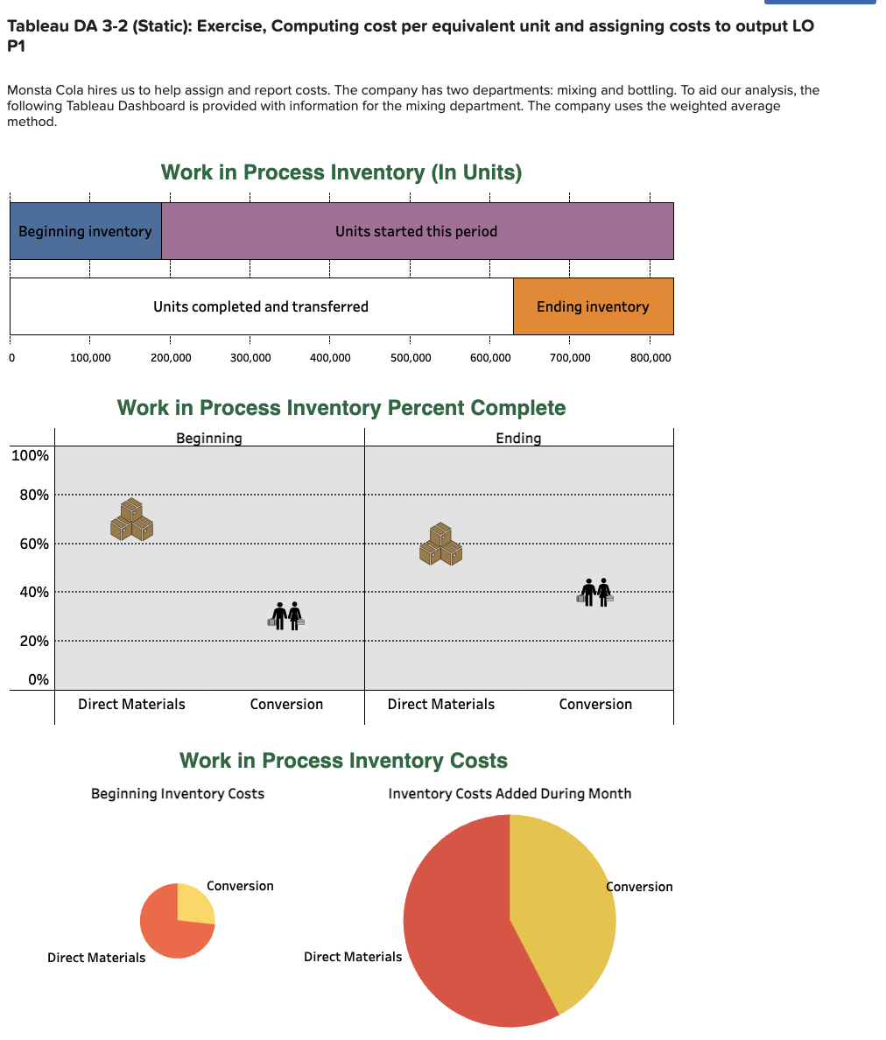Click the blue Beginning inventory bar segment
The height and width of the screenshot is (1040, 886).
(x=85, y=231)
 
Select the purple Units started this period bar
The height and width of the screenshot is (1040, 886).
(x=417, y=231)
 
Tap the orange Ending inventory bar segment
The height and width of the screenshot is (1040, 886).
(x=593, y=306)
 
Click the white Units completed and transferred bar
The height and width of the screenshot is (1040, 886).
(x=261, y=306)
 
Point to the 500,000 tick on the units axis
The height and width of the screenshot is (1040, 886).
(x=410, y=358)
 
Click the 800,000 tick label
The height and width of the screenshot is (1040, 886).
(x=650, y=358)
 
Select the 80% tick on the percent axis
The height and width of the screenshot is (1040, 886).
(x=35, y=495)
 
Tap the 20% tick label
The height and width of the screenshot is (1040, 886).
(x=35, y=641)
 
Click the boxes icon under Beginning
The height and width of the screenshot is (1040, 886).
(x=131, y=519)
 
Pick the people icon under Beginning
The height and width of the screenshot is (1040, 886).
(x=286, y=615)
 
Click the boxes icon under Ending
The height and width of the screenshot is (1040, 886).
(x=440, y=544)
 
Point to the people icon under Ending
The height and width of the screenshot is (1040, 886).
(x=595, y=593)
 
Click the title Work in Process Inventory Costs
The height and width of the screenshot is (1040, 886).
(x=343, y=761)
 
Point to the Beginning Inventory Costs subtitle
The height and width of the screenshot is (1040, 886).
(x=178, y=794)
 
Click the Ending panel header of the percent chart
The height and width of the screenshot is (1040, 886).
(x=518, y=438)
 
